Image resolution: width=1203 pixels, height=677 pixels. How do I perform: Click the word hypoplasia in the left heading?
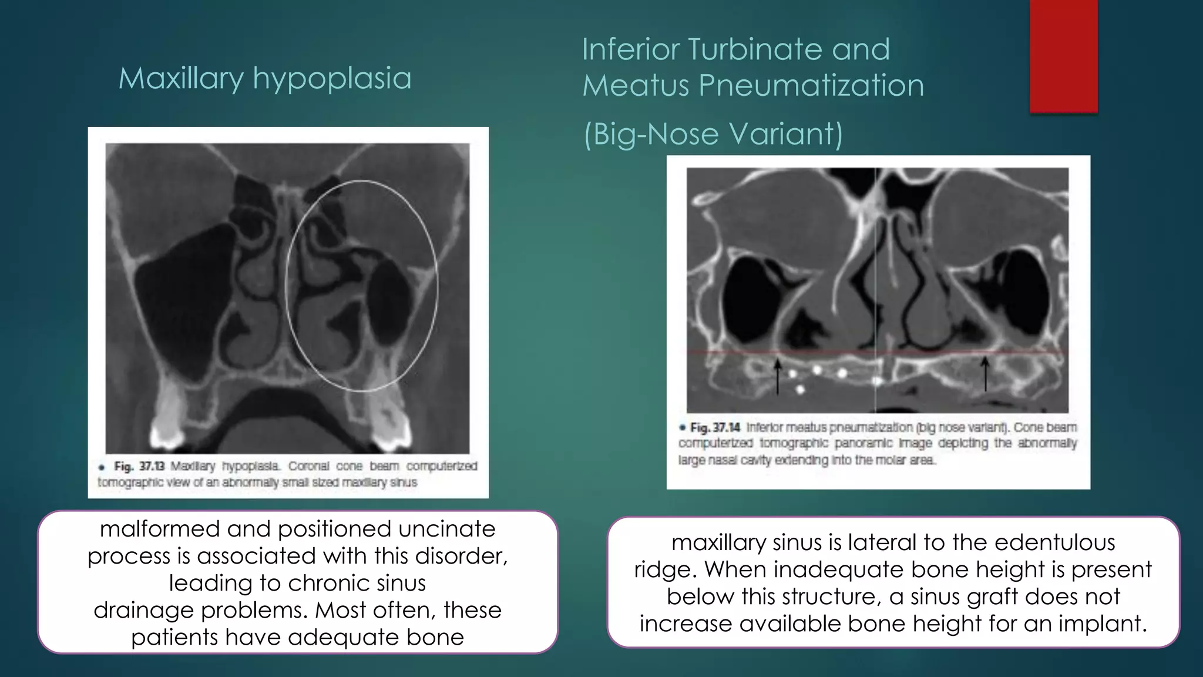332,79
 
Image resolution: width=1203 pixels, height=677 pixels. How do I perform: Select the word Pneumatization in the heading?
811,86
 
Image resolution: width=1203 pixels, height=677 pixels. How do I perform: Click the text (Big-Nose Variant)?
713,134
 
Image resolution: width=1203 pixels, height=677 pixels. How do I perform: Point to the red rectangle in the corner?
1063,56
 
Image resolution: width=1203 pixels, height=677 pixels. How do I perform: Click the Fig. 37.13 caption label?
139,467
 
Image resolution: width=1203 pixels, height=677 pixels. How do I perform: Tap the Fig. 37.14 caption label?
715,428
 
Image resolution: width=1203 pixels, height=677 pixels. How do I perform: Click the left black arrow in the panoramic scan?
778,376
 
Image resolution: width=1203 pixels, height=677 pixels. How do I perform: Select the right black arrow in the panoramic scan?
985,374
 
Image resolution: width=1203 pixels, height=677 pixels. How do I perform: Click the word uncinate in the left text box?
446,529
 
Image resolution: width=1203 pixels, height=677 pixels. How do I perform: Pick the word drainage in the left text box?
144,611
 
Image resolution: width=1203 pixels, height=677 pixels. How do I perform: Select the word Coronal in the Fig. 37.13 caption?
309,467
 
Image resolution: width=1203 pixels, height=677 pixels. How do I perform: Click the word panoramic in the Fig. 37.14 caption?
861,444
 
